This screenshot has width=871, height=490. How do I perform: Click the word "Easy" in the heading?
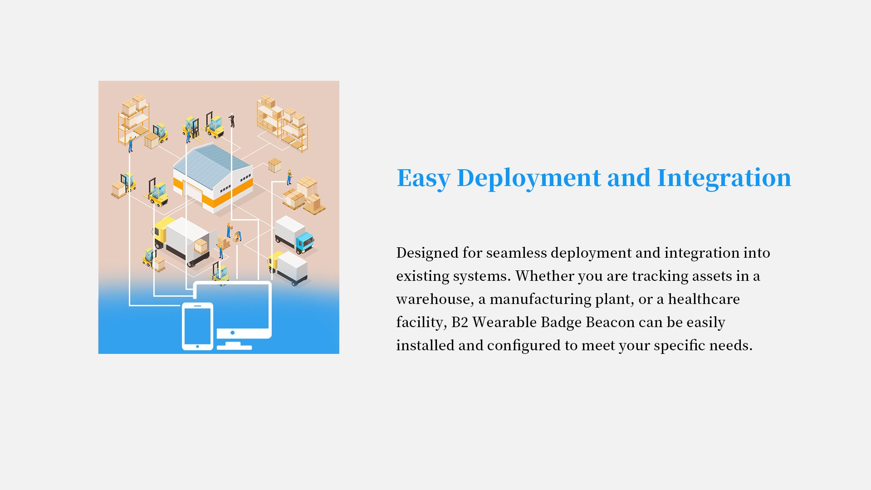click(x=424, y=178)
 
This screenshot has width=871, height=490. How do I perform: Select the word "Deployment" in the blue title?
click(x=528, y=178)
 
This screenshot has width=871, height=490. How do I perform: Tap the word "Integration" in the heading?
click(x=724, y=177)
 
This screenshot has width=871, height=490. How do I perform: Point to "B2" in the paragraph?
click(x=460, y=322)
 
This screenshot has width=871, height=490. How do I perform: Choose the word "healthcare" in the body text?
click(x=704, y=299)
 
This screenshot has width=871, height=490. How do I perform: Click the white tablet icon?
click(x=197, y=326)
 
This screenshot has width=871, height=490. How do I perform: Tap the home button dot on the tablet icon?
click(x=197, y=347)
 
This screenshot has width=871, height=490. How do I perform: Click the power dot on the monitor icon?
click(x=233, y=333)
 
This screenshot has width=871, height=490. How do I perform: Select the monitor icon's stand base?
click(x=234, y=347)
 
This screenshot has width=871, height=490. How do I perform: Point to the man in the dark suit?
click(x=232, y=120)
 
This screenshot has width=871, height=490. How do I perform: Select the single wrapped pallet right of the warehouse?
click(x=274, y=165)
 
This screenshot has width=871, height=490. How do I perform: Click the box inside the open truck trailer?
click(x=201, y=246)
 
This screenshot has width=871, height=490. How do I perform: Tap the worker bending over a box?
click(x=237, y=236)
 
